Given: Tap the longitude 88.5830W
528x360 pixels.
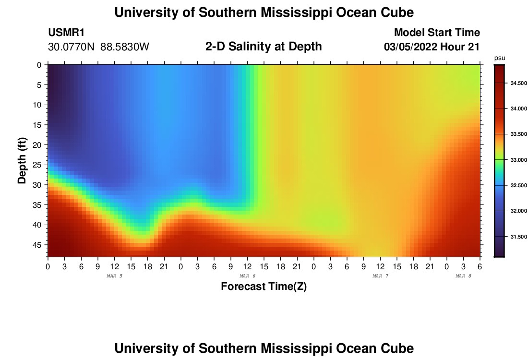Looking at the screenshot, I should [125, 47].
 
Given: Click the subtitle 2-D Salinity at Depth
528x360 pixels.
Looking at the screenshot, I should [264, 47].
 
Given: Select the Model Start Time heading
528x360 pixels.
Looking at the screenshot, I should [437, 33].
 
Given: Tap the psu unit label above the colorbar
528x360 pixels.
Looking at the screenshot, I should [500, 58].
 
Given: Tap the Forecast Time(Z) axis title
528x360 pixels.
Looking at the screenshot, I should [264, 287].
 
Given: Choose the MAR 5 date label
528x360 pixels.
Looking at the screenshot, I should [114, 276].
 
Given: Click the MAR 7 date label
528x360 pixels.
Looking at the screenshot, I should [380, 276].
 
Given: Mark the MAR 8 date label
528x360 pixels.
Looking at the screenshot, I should [463, 276].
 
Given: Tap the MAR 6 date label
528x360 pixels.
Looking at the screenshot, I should [247, 276].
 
